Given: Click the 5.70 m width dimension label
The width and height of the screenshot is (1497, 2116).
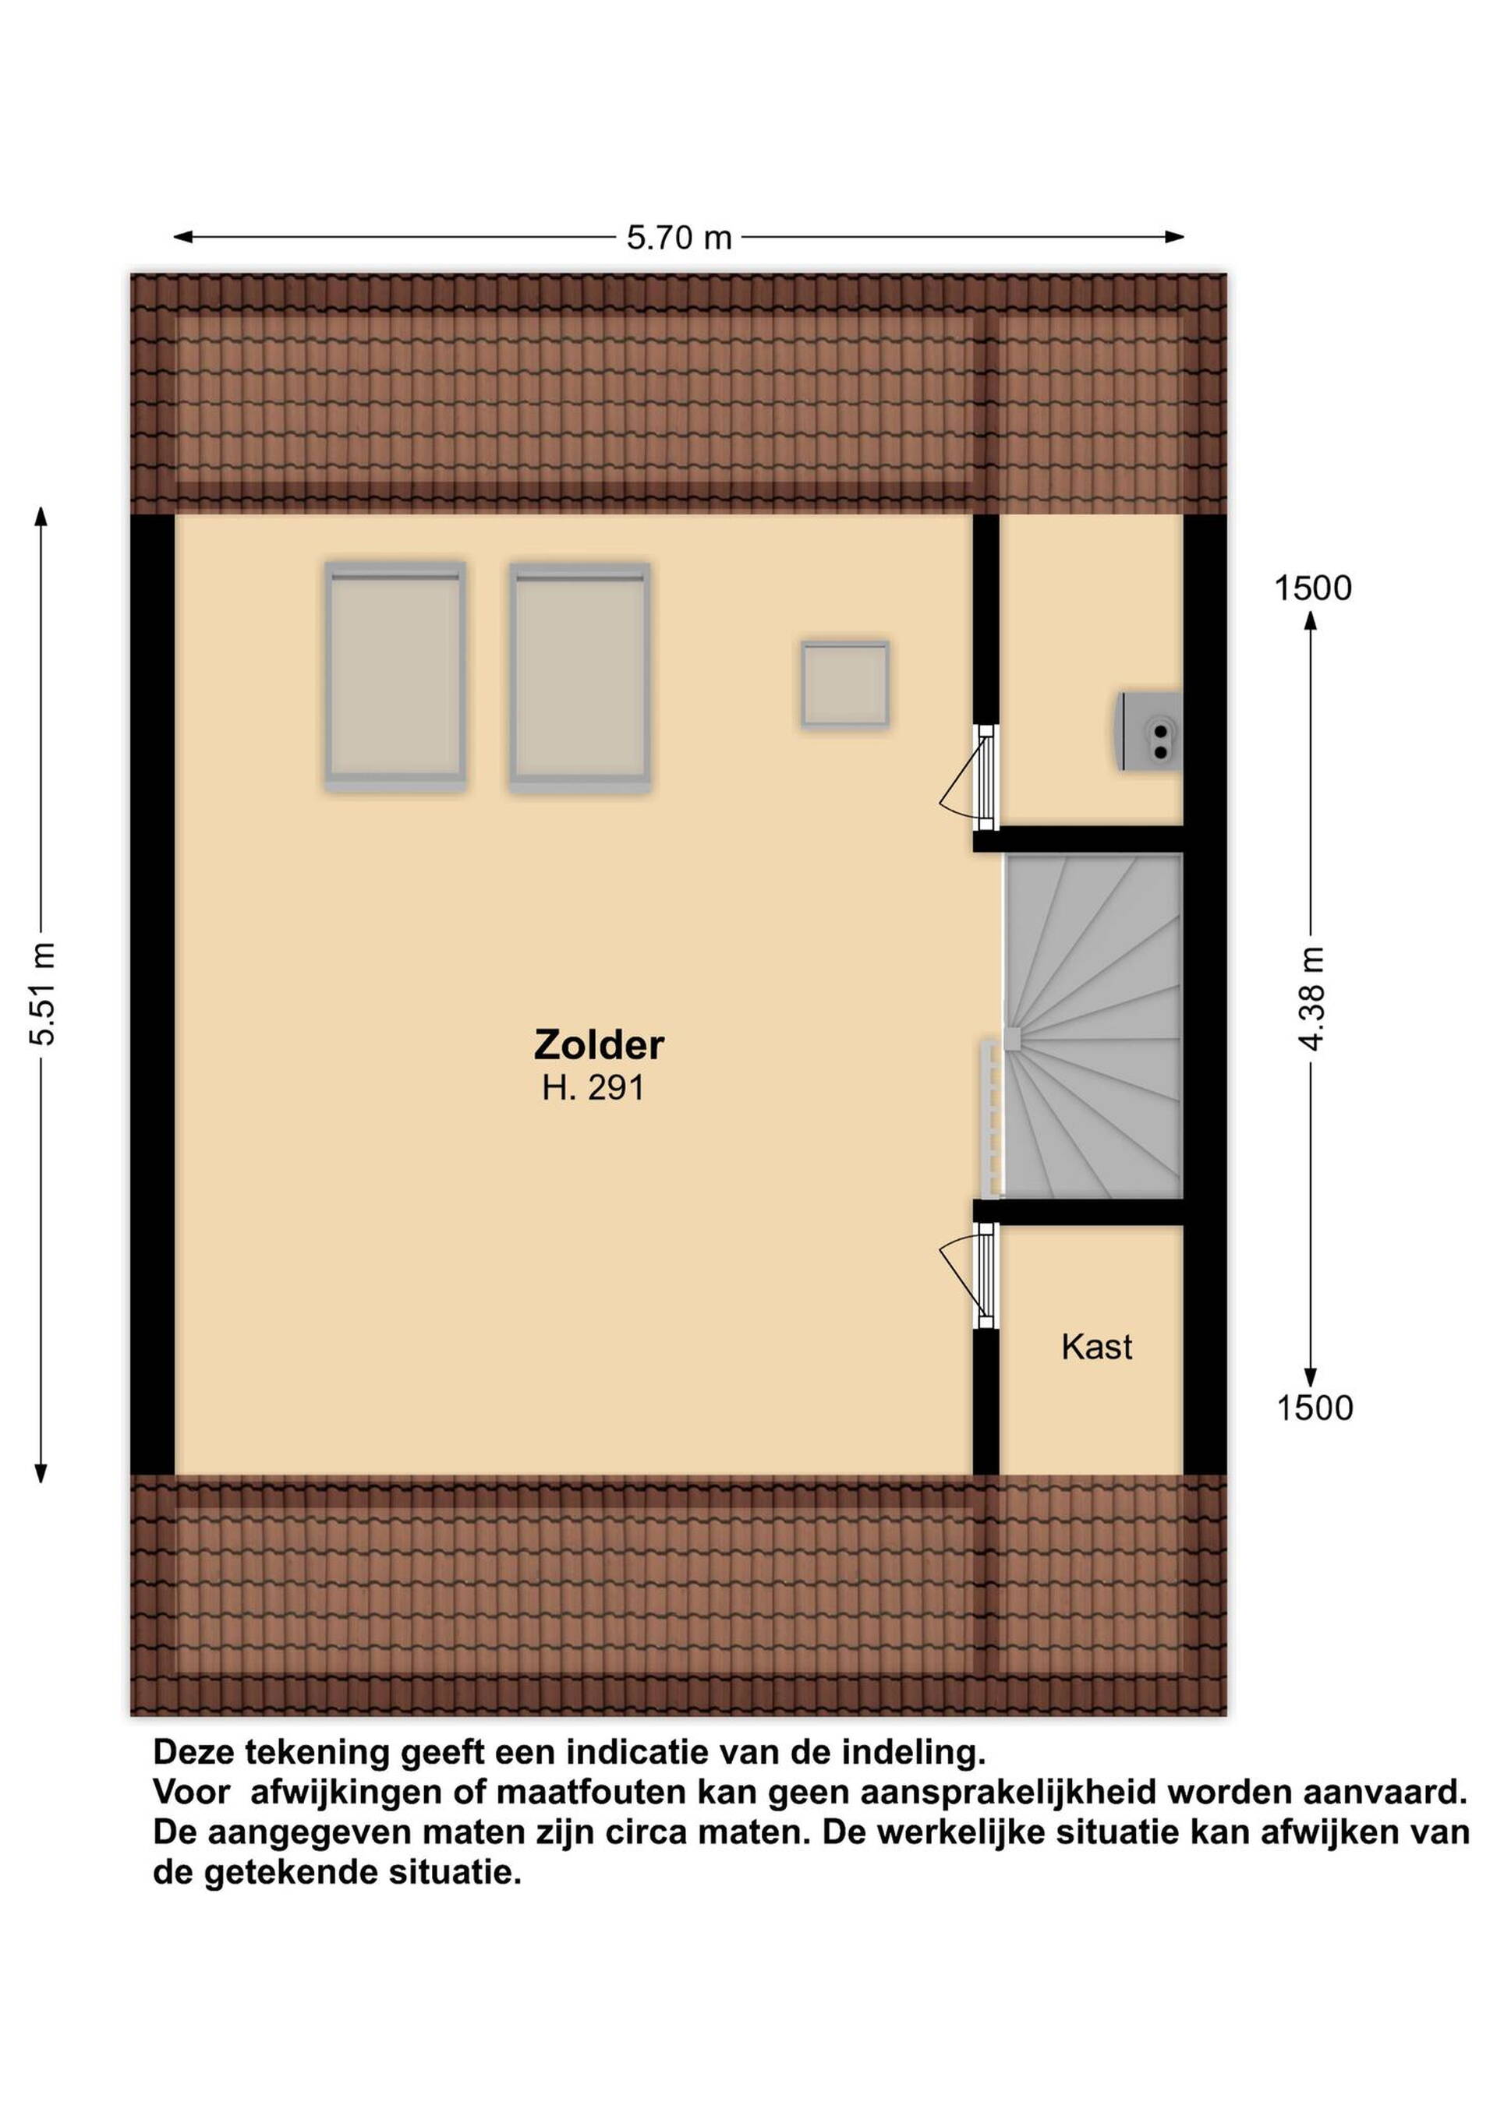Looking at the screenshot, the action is [678, 238].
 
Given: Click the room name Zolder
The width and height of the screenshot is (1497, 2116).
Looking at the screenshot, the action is [599, 1045].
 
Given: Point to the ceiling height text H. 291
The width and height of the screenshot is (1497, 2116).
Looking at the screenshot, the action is [593, 1089].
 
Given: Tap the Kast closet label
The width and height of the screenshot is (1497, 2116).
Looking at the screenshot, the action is [1096, 1348].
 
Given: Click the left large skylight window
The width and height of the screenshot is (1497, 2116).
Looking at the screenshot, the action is [395, 676].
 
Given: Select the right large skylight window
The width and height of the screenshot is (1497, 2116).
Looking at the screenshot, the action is [580, 676].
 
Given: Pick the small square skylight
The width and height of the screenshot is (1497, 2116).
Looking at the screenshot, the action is [844, 685].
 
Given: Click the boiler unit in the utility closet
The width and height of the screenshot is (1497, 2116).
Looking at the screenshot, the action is [1150, 731].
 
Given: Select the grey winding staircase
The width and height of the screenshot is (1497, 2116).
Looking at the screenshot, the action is [1093, 1026].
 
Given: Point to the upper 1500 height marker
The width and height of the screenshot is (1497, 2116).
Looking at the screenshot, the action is [1313, 588].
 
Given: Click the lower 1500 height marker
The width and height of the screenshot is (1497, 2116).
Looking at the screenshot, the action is [1315, 1408].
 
